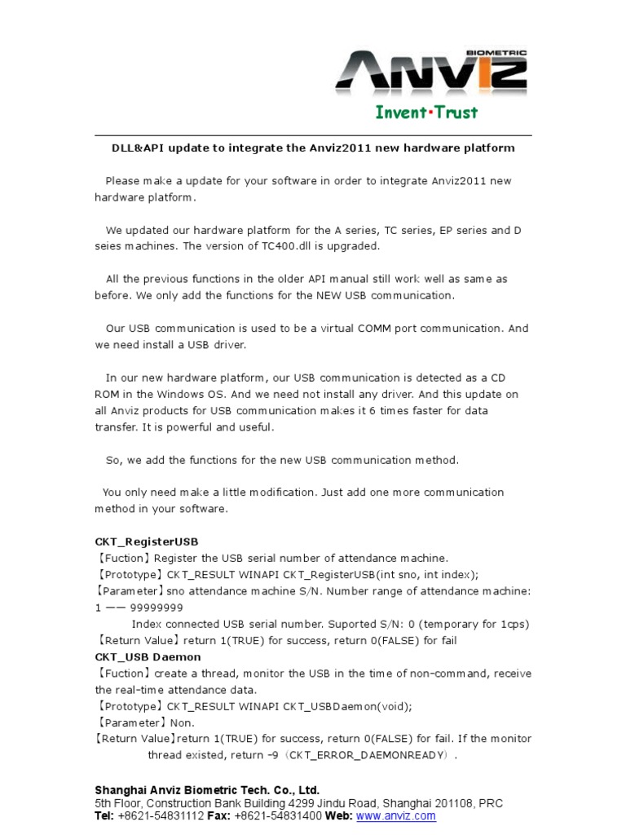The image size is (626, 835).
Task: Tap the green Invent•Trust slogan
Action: click(426, 112)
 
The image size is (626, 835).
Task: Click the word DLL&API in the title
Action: click(135, 148)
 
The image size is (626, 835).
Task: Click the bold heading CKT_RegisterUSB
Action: click(147, 541)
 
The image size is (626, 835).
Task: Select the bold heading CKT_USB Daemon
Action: click(148, 656)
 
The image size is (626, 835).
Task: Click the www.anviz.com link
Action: click(396, 816)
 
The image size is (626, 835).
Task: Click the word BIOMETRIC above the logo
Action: click(498, 53)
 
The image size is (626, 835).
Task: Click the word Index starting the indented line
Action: click(148, 624)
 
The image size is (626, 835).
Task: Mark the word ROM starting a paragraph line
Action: click(108, 394)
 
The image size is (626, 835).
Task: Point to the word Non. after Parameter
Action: click(183, 722)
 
